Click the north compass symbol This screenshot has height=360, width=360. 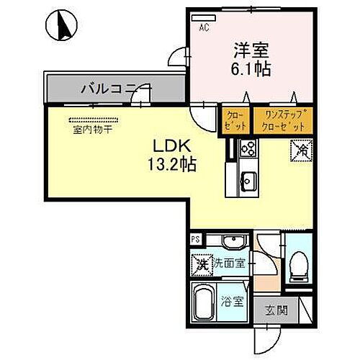tap(60, 25)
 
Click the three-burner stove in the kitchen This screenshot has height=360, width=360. tap(248, 149)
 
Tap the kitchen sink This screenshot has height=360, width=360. tap(247, 181)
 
